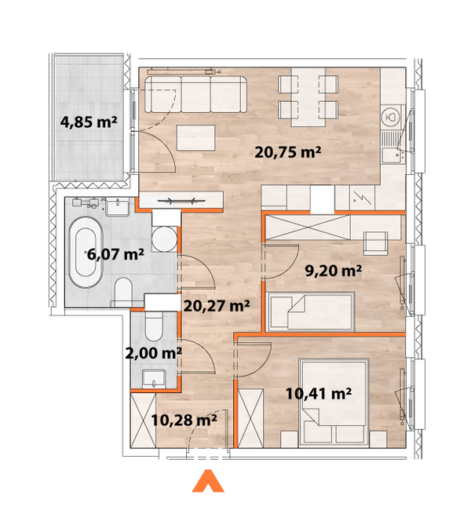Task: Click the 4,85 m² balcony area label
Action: click(89, 122)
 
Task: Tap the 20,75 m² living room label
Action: click(288, 153)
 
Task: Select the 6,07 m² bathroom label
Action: click(115, 254)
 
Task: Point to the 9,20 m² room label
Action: click(333, 271)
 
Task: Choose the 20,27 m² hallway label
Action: click(216, 306)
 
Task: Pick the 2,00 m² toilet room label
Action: click(155, 353)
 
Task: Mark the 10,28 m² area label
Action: click(184, 420)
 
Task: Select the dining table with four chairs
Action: click(310, 97)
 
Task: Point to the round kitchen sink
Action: click(389, 118)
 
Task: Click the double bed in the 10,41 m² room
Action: click(333, 402)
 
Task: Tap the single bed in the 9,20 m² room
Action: click(310, 310)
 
